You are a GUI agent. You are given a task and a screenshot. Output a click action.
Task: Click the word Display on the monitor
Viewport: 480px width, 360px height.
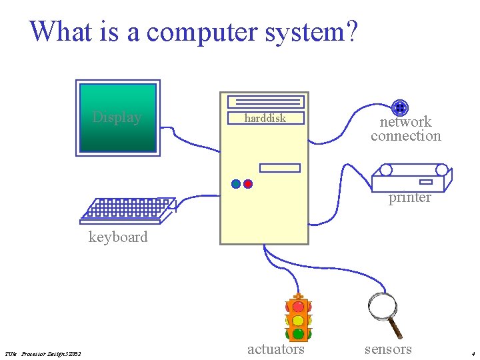pyautogui.click(x=117, y=117)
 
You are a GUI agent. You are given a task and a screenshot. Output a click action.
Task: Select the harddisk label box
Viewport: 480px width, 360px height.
pyautogui.click(x=265, y=118)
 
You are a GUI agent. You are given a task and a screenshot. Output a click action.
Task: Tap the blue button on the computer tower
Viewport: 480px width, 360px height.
pyautogui.click(x=236, y=184)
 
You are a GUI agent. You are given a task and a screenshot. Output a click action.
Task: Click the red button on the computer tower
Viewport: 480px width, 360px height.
pyautogui.click(x=248, y=184)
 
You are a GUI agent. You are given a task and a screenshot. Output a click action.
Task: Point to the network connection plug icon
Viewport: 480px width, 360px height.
pyautogui.click(x=399, y=107)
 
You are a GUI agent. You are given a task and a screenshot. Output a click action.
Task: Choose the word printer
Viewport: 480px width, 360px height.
pyautogui.click(x=410, y=197)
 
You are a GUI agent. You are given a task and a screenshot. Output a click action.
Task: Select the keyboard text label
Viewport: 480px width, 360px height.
pyautogui.click(x=118, y=237)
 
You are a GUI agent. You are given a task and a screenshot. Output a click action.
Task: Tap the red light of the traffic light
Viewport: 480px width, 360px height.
pyautogui.click(x=298, y=307)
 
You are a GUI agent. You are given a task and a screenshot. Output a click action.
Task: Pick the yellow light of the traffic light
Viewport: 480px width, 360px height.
pyautogui.click(x=298, y=321)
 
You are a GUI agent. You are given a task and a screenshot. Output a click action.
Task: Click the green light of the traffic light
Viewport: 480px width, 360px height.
pyautogui.click(x=298, y=333)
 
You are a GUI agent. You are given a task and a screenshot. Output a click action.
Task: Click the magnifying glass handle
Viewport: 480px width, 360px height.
pyautogui.click(x=395, y=328)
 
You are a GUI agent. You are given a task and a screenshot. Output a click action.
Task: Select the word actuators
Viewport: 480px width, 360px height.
pyautogui.click(x=276, y=349)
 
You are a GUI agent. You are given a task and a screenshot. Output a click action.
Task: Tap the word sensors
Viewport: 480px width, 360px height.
pyautogui.click(x=388, y=349)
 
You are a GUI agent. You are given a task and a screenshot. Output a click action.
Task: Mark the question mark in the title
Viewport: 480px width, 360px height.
pyautogui.click(x=351, y=31)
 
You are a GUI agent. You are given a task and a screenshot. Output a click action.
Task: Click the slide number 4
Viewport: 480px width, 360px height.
pyautogui.click(x=472, y=353)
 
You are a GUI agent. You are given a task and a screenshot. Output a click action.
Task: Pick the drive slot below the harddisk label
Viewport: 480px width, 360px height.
pyautogui.click(x=280, y=168)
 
